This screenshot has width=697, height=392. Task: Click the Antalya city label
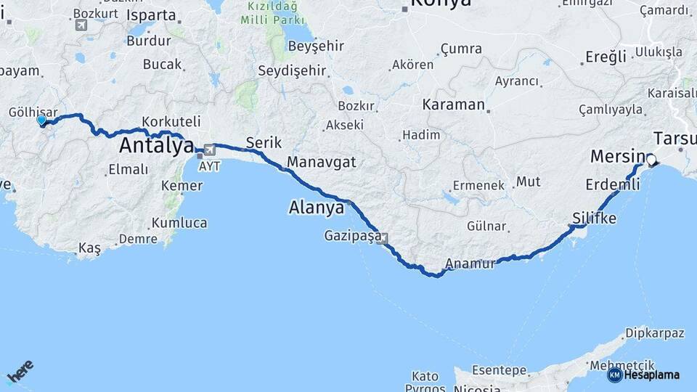point(155,145)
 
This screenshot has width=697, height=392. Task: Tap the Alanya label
point(316,208)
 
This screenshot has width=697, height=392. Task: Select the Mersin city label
point(617,156)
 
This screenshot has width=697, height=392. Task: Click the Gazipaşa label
point(351,237)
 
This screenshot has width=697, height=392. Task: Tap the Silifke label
point(594,219)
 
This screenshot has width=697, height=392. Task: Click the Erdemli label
point(612,185)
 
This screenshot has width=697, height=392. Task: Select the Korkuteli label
point(171,122)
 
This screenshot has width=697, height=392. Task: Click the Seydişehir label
point(292,71)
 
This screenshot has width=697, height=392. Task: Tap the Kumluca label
point(179,223)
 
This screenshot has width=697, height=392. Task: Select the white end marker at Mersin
point(651,160)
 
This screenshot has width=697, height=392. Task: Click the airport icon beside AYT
point(210,150)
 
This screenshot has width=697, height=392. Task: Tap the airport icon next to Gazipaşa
point(382,237)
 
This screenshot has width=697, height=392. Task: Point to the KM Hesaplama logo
point(644,375)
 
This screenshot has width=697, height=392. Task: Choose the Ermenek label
point(478,185)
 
